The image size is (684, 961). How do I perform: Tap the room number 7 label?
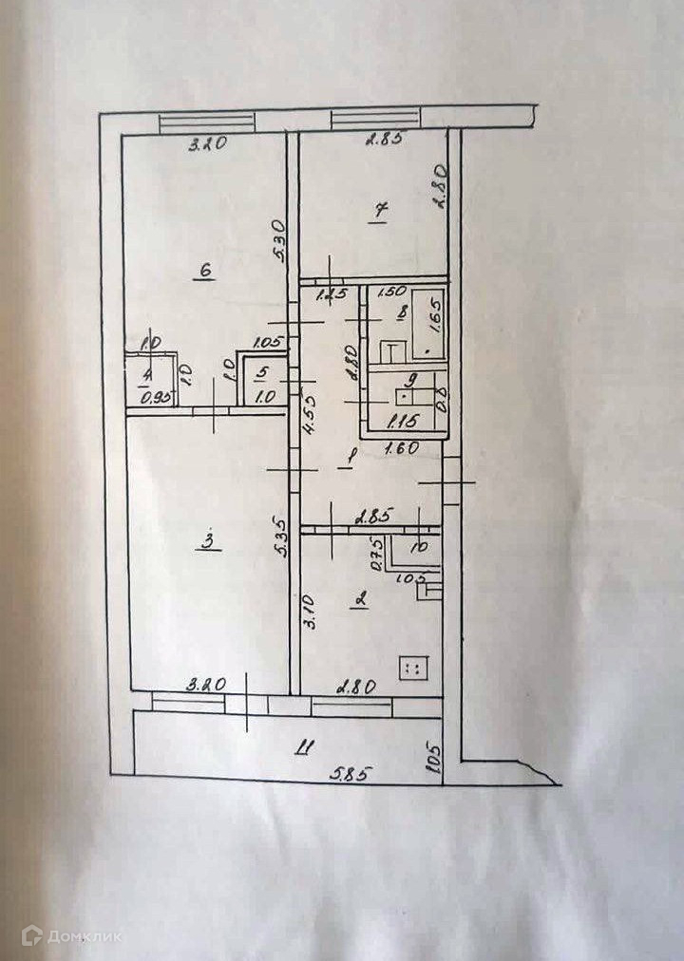tap(378, 212)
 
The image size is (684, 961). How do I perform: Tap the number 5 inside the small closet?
tap(262, 373)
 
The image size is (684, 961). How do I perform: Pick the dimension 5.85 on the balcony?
tap(349, 774)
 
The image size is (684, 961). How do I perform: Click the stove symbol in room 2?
tap(414, 669)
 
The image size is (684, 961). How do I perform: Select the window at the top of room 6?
tap(207, 122)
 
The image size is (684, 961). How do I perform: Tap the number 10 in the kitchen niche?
tap(418, 547)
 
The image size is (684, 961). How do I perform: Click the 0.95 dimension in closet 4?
tap(155, 399)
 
